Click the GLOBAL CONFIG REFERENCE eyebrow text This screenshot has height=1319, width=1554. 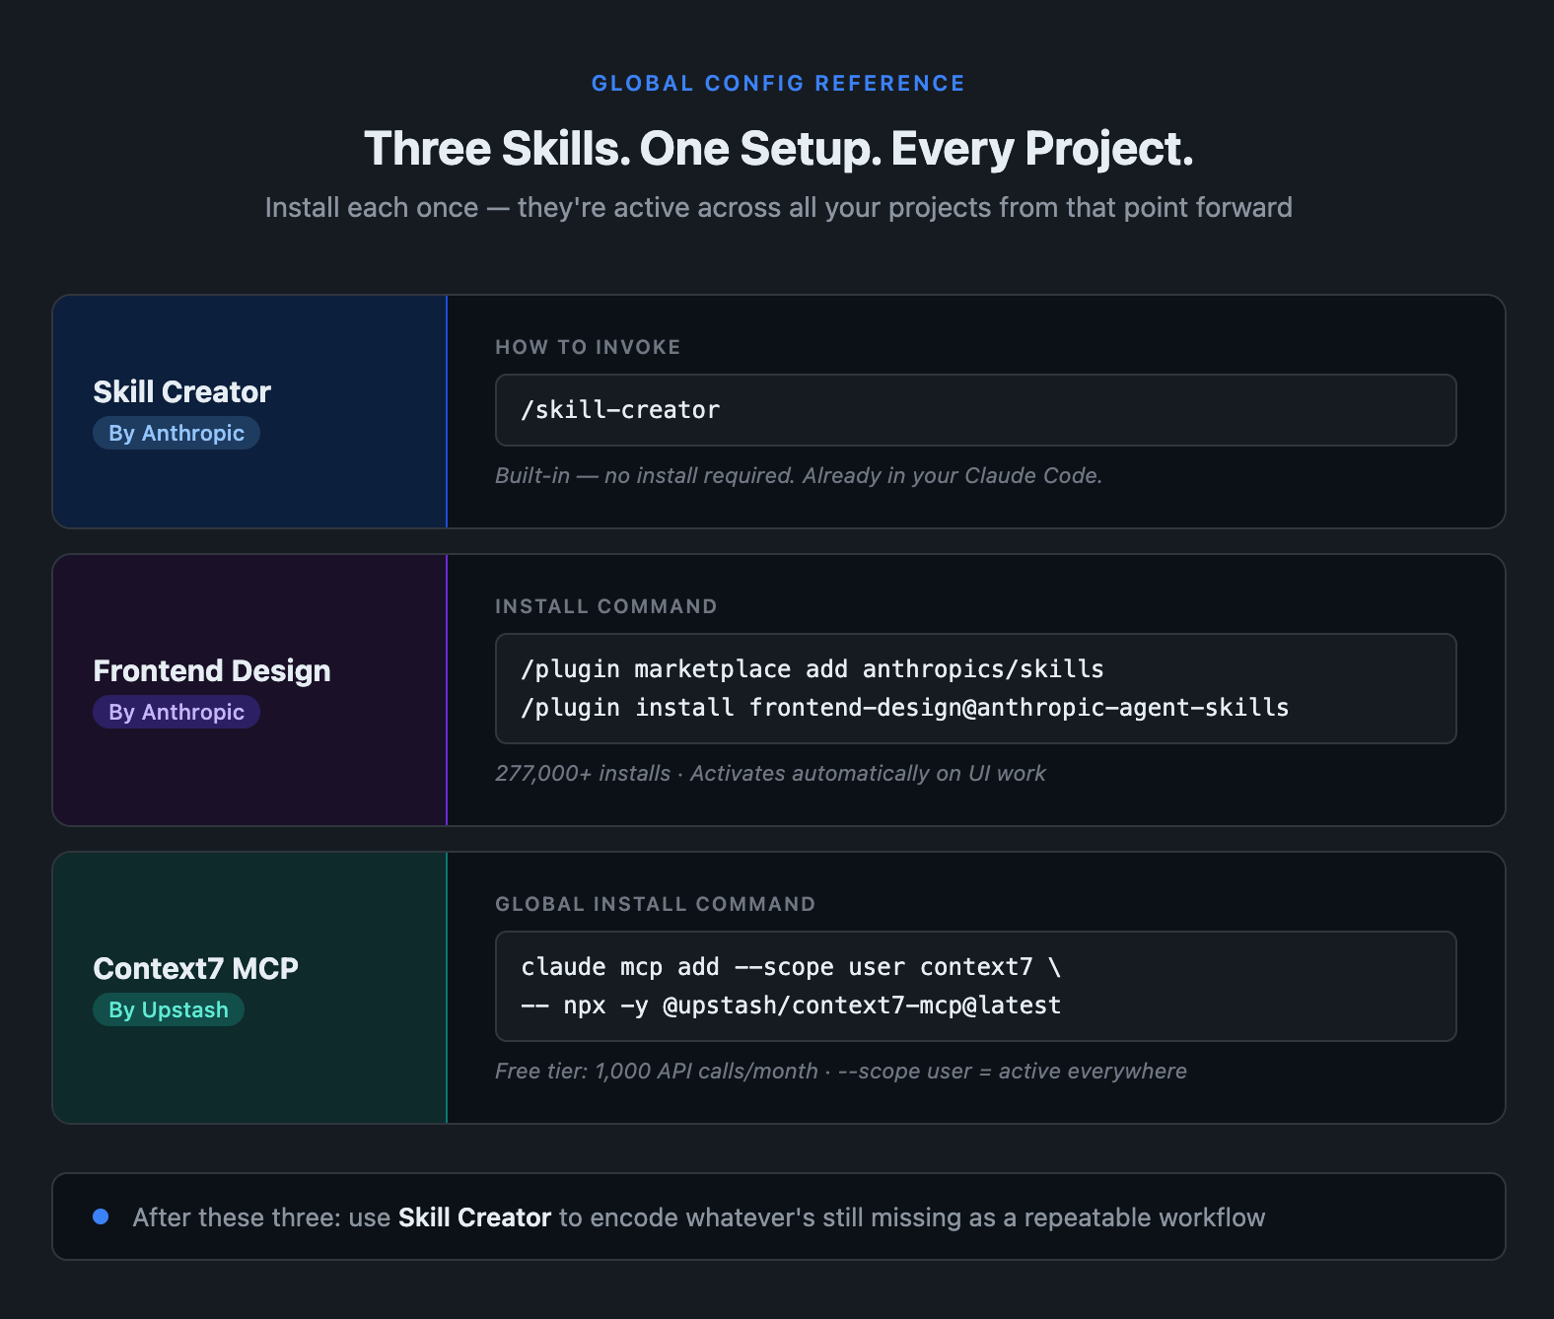pyautogui.click(x=778, y=84)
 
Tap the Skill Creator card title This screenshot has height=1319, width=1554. pyautogui.click(x=182, y=391)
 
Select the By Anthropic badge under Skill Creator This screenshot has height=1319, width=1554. pyautogui.click(x=177, y=433)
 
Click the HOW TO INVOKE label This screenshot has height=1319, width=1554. pyautogui.click(x=588, y=346)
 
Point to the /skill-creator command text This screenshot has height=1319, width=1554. pyautogui.click(x=620, y=410)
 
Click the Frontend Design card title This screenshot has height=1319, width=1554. pyautogui.click(x=212, y=670)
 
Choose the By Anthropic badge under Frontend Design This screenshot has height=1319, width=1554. pyautogui.click(x=177, y=712)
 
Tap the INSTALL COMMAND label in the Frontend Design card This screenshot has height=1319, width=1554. pyautogui.click(x=606, y=605)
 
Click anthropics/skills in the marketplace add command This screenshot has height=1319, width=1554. pyautogui.click(x=983, y=669)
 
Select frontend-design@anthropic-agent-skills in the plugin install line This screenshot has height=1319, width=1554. pyautogui.click(x=1020, y=707)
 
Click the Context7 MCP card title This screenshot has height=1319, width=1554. pyautogui.click(x=195, y=968)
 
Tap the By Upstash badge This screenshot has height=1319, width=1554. pyautogui.click(x=169, y=1009)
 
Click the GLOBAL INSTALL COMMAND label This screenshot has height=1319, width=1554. pyautogui.click(x=656, y=903)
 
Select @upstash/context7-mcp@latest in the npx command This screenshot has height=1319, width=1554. pyautogui.click(x=863, y=1005)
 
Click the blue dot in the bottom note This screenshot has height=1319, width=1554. pyautogui.click(x=101, y=1216)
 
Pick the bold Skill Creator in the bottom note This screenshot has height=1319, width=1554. pyautogui.click(x=474, y=1217)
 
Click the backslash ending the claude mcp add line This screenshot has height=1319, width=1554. pyautogui.click(x=1055, y=966)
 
